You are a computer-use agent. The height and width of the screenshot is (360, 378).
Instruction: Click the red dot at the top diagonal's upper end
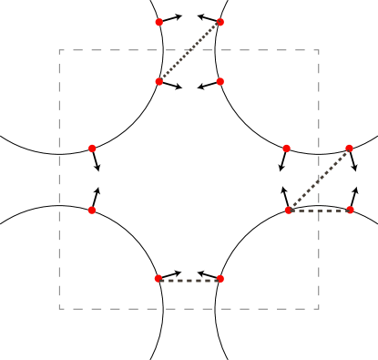220,21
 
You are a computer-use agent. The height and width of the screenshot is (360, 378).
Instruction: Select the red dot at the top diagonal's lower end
158,82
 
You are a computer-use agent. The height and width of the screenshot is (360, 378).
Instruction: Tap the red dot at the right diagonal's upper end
350,149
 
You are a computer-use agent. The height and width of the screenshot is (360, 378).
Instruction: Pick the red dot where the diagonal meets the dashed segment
289,210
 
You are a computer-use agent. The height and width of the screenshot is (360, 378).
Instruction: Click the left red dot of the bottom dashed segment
158,278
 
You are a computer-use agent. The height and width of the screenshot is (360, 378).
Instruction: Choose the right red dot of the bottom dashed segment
220,278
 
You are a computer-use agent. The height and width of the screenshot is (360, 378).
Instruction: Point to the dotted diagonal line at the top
189,51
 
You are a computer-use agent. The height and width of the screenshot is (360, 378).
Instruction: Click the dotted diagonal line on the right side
320,179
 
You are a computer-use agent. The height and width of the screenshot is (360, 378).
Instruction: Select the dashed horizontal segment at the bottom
189,279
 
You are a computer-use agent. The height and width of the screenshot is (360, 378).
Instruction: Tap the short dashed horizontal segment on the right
320,211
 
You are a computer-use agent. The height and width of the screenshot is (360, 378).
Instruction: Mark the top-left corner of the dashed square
59,49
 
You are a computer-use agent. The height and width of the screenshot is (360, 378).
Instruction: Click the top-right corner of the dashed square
319,49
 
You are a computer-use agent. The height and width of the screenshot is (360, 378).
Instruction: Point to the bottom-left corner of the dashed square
59,309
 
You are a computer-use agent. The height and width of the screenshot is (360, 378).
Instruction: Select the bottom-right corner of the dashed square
319,309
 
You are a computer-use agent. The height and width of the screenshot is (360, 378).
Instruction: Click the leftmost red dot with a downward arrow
92,149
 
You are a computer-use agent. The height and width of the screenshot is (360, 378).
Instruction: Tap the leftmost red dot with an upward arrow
92,210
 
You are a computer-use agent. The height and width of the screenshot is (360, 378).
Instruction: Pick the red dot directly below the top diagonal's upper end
220,82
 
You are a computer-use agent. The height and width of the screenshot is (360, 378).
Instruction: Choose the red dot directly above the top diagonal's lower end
158,21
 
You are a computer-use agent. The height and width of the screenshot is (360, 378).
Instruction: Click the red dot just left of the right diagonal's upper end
286,149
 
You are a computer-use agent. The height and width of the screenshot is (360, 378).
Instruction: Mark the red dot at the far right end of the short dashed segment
350,210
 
